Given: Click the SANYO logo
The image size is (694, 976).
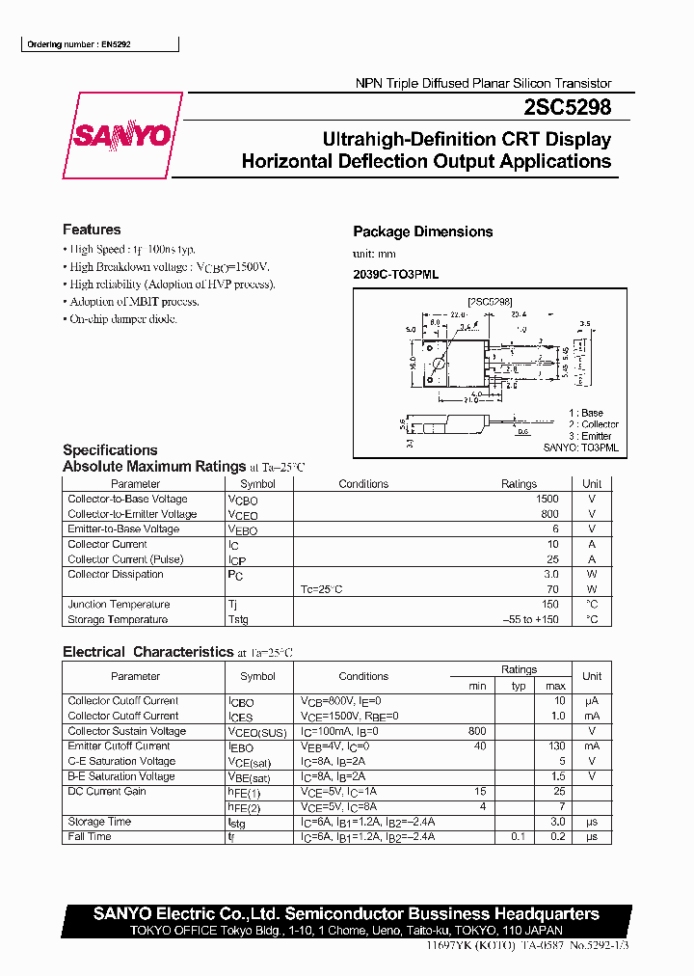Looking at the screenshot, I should coord(122,136).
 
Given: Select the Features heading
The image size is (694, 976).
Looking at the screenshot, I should coord(92,230).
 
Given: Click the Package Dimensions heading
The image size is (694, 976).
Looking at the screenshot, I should coord(422,231).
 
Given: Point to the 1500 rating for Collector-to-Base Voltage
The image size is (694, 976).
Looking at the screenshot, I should coord(547,500).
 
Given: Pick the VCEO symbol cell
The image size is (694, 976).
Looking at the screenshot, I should coord(243,515).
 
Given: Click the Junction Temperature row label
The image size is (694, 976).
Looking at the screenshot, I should coord(119,605).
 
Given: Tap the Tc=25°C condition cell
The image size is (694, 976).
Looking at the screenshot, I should coord(322,589).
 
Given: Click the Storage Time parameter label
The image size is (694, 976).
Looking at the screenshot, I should coord(99,822).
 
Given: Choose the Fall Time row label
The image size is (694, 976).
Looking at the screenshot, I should coord(90,837).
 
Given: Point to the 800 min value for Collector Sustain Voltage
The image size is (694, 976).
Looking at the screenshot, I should coord(476,731).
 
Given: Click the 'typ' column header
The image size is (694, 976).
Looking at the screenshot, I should coord(519,686).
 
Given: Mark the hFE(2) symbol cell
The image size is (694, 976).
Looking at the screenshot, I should coord(245,807).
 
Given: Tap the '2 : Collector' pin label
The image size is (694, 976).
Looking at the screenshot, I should coord(593,424).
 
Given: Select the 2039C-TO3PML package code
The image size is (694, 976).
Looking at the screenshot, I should coord(395,275).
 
